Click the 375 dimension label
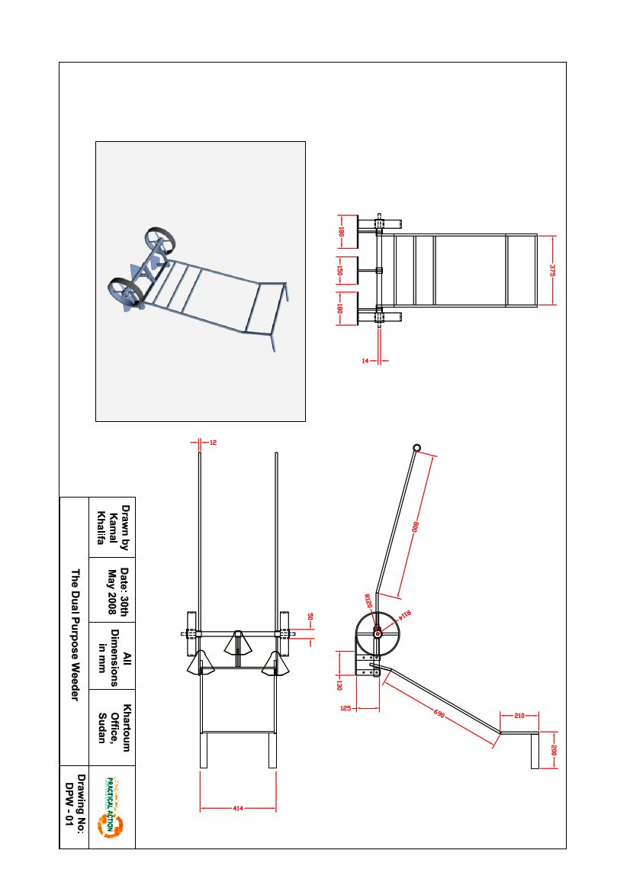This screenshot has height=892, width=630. (x=552, y=269)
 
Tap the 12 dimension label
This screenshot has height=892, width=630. (x=213, y=442)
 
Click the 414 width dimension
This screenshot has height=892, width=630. (x=238, y=808)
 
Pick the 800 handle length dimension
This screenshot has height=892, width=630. (x=416, y=527)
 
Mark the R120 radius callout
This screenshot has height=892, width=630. (x=368, y=601)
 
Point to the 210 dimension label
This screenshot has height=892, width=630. (x=519, y=716)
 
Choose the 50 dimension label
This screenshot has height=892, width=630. (x=310, y=616)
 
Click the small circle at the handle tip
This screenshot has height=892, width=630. (x=417, y=447)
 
